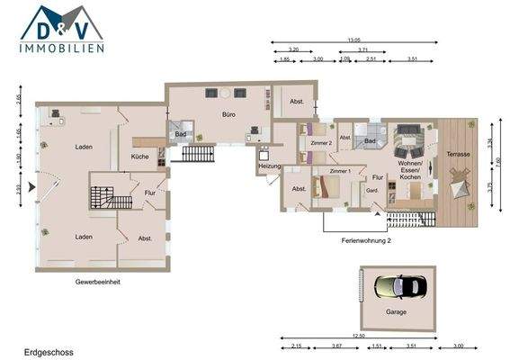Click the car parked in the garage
(396, 289)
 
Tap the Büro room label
(229, 114)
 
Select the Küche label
(139, 157)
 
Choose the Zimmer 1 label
(340, 170)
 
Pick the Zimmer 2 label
(321, 143)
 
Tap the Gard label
(371, 191)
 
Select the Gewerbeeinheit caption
(98, 281)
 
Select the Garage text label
(396, 312)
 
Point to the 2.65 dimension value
(16, 100)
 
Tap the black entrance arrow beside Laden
(32, 187)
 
